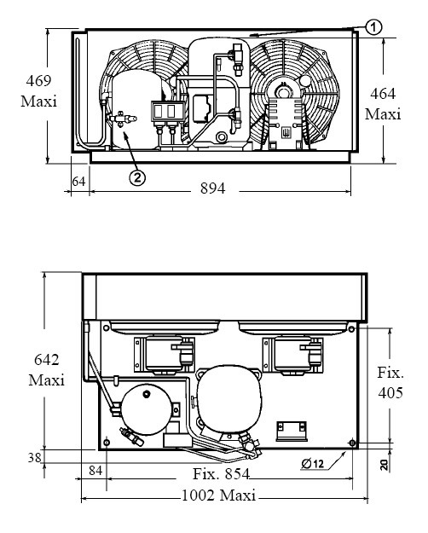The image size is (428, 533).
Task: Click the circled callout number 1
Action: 373,27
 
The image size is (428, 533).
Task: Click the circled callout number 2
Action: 137,177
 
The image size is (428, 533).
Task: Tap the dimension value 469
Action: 38,81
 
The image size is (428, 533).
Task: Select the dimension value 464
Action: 383,94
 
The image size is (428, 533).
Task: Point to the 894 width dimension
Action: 213,188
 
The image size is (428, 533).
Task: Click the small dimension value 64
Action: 79,182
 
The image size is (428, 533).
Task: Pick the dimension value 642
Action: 47,360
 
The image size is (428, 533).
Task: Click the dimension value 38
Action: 34,458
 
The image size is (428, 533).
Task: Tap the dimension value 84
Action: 95,471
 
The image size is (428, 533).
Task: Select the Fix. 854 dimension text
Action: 222,473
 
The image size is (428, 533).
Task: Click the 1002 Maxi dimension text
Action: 218,495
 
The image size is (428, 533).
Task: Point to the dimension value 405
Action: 390,392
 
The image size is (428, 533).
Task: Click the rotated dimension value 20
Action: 385,465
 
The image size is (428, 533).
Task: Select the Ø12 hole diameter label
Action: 313,463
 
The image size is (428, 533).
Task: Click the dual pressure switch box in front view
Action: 169,111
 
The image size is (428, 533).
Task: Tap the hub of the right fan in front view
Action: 282,91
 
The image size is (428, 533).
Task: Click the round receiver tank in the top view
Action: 147,409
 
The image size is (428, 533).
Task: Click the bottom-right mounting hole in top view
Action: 352,443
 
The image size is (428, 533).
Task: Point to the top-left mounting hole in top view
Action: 106,328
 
